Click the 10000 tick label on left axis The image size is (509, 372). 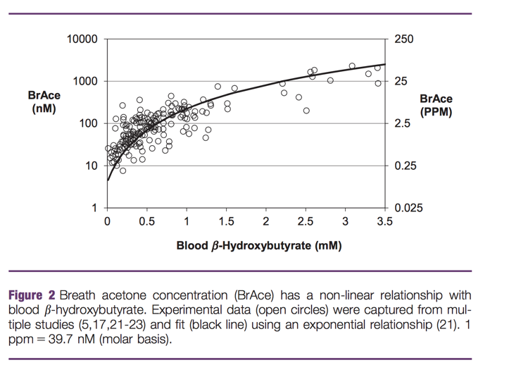click(x=82, y=39)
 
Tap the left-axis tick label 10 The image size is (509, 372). click(x=91, y=166)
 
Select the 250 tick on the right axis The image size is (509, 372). click(x=404, y=39)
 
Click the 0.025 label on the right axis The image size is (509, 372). click(x=409, y=209)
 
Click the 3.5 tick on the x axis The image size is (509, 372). click(x=384, y=221)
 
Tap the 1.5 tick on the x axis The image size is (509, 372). click(x=226, y=221)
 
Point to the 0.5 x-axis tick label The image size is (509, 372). click(x=146, y=221)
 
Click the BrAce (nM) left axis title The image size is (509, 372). click(x=44, y=102)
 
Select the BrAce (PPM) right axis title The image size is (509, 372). click(x=436, y=105)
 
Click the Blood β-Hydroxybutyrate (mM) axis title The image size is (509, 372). click(x=259, y=245)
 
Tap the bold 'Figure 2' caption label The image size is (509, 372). click(x=31, y=296)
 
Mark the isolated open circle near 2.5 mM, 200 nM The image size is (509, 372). click(x=306, y=111)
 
